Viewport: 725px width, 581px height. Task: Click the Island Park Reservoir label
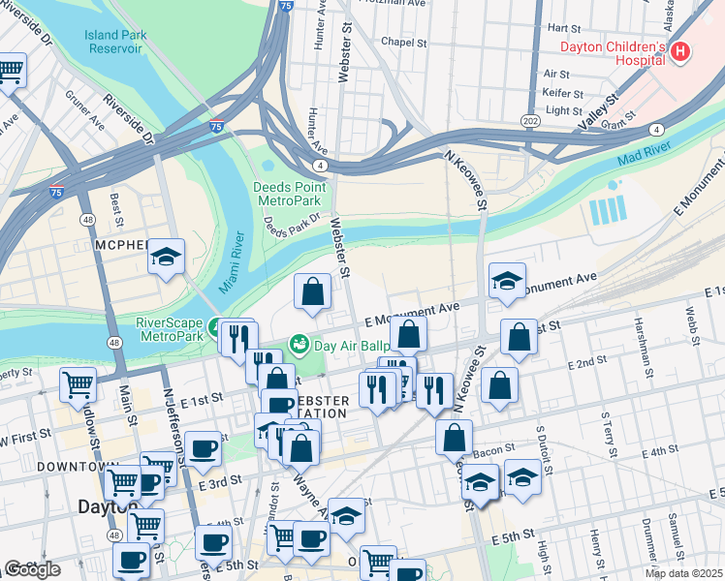[x=114, y=41]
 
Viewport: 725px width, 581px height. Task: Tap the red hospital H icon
[x=680, y=52]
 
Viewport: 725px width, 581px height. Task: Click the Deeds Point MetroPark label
[x=287, y=193]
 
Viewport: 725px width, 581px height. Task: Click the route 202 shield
[x=556, y=119]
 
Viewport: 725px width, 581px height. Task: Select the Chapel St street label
[x=404, y=43]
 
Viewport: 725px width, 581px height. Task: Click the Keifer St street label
[x=562, y=94]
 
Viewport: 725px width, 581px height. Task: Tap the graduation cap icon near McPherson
[x=167, y=258]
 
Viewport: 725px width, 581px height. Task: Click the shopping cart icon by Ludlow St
[x=78, y=383]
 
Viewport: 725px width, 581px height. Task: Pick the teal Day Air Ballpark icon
[x=299, y=344]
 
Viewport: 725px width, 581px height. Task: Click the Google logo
[x=32, y=569]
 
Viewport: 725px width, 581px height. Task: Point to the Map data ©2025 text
[x=683, y=573]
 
